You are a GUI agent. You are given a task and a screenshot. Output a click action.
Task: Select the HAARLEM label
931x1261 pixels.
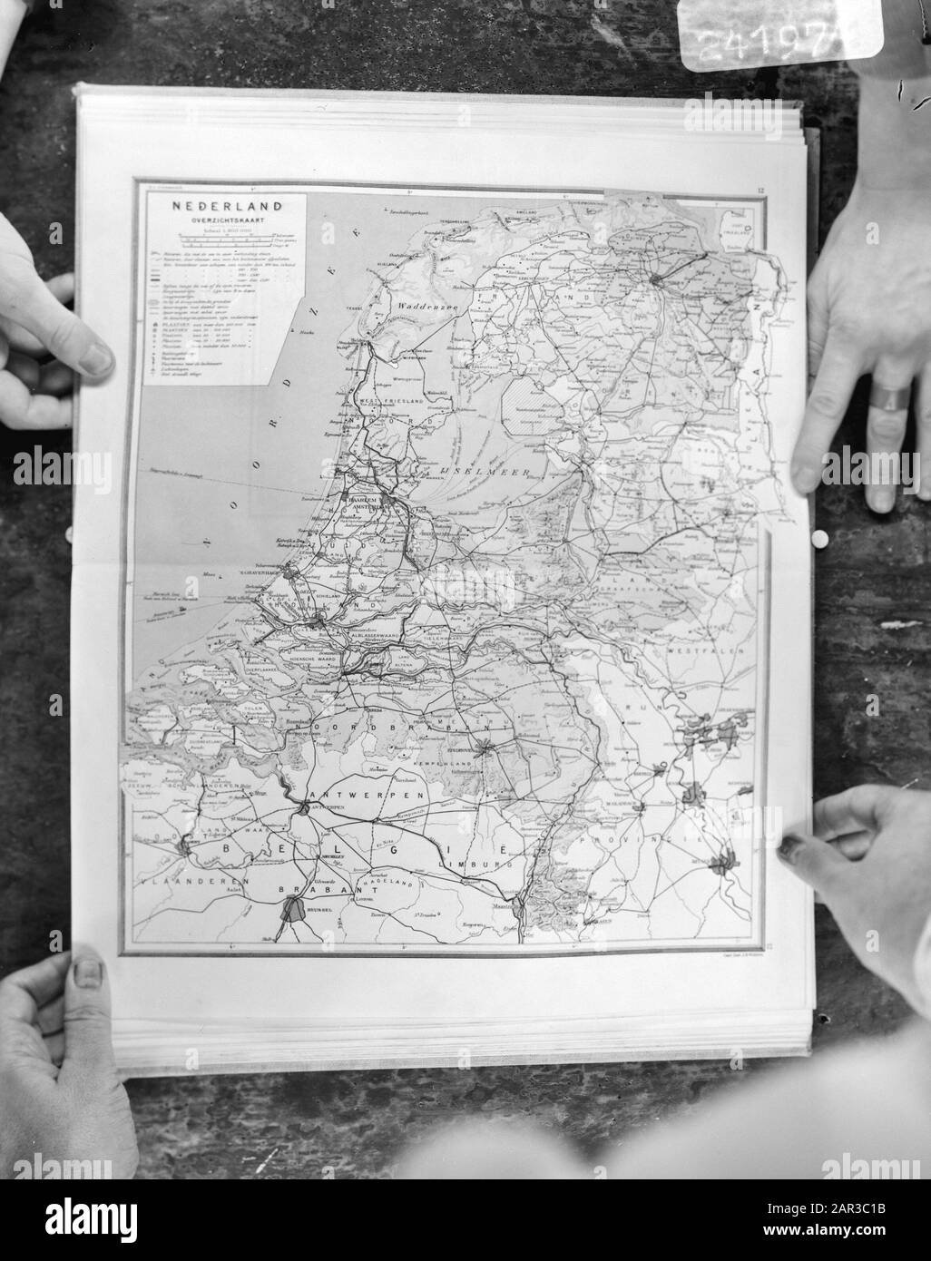point(358,498)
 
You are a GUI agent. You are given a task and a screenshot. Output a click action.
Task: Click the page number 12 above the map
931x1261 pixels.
point(759,191)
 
